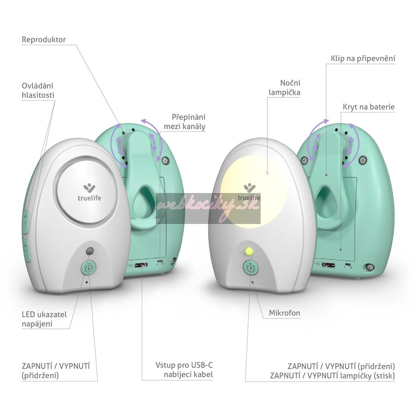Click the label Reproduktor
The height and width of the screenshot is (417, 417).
pyautogui.click(x=44, y=40)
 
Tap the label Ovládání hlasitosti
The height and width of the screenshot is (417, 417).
pyautogui.click(x=38, y=90)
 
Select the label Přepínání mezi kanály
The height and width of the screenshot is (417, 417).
pyautogui.click(x=184, y=121)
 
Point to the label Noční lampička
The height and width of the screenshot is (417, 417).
pyautogui.click(x=285, y=88)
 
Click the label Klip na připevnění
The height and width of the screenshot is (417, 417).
pyautogui.click(x=363, y=59)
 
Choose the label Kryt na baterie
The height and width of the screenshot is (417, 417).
pyautogui.click(x=369, y=107)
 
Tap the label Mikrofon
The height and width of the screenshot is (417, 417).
pyautogui.click(x=285, y=313)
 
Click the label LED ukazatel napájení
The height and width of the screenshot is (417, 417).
pyautogui.click(x=44, y=319)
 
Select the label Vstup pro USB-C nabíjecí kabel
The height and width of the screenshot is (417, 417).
pyautogui.click(x=184, y=369)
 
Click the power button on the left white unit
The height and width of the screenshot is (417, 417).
pyautogui.click(x=88, y=268)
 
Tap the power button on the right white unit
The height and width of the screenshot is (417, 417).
pyautogui.click(x=250, y=268)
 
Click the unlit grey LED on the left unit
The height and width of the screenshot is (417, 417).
pyautogui.click(x=90, y=251)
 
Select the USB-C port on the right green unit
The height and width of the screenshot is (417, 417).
pyautogui.click(x=328, y=265)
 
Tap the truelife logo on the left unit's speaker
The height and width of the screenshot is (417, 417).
pyautogui.click(x=89, y=193)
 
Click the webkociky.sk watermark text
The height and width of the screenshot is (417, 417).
pyautogui.click(x=208, y=208)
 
